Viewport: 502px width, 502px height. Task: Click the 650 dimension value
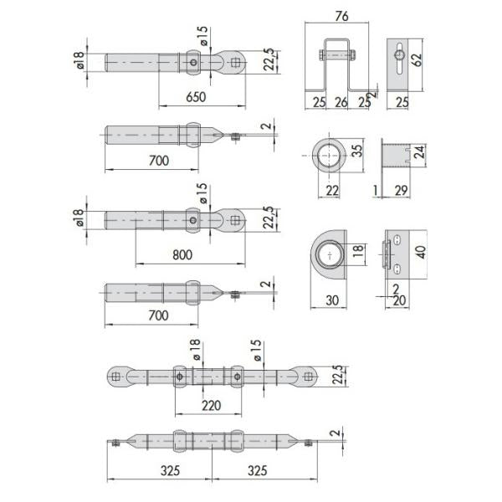click(196, 97)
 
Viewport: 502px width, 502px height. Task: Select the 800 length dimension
click(182, 255)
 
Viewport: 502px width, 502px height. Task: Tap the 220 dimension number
click(212, 406)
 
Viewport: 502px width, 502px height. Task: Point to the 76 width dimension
click(341, 17)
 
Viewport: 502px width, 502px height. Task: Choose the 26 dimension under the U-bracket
click(341, 102)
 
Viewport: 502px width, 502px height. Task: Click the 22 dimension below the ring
click(332, 191)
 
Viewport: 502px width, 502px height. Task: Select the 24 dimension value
click(419, 151)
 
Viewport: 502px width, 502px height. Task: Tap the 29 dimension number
click(401, 191)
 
